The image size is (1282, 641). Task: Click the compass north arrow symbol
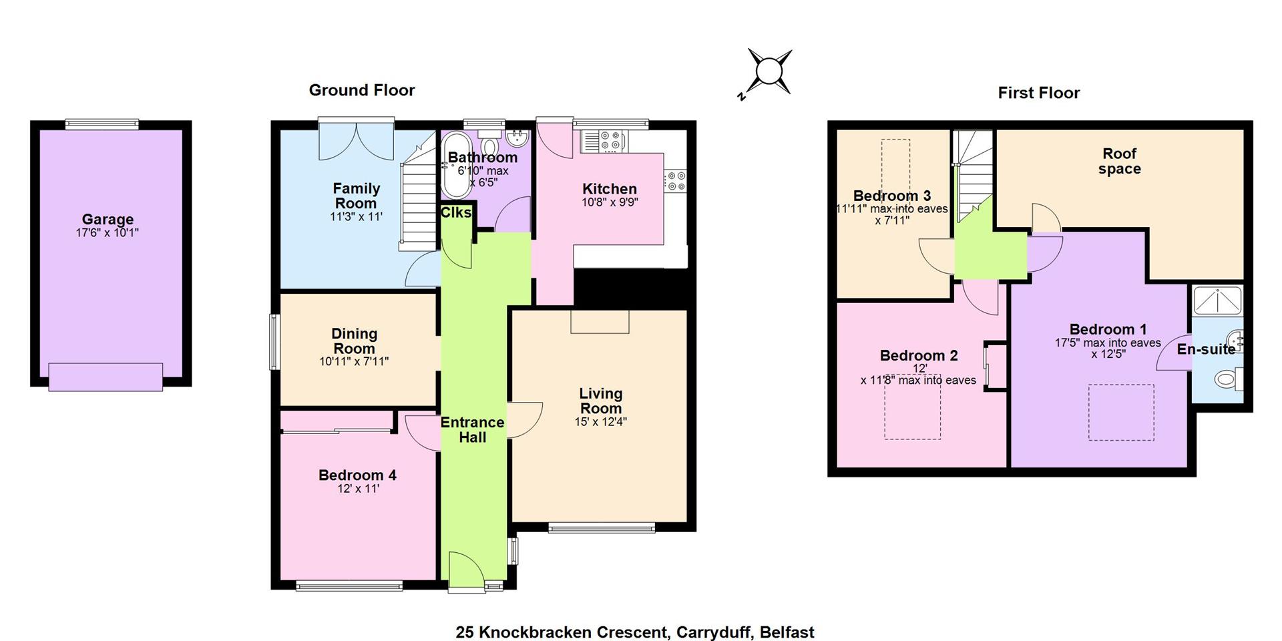pos(768,72)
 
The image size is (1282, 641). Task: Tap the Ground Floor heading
pos(362,90)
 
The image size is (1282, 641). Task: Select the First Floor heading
pos(1038,93)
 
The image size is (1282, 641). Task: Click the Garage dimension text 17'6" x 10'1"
pos(108,233)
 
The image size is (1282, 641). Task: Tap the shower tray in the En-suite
pos(1218,300)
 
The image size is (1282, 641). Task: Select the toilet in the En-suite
pos(1229,379)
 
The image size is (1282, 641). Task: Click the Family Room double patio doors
pos(356,142)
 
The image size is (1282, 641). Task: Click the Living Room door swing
pos(525,419)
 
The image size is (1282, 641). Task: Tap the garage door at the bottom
pos(105,377)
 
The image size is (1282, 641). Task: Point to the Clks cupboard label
pos(456,212)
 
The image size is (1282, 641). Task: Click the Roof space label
pos(1119,162)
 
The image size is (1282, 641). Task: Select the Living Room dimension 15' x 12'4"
pos(601,422)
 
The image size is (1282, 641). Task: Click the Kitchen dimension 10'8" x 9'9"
pos(610,202)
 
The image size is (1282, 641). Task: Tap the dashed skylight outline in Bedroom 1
pos(1121,412)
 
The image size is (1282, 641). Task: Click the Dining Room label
pos(355,341)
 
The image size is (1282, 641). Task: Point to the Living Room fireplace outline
pos(600,321)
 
